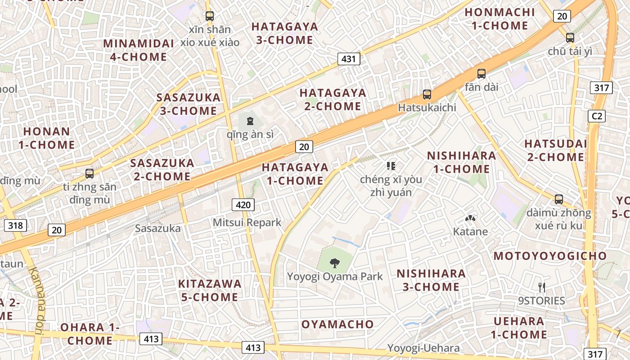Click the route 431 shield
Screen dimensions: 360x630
pyautogui.click(x=349, y=58)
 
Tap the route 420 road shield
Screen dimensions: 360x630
pyautogui.click(x=243, y=205)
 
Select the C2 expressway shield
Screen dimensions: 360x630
pyautogui.click(x=597, y=116)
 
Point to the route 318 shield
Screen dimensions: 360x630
pyautogui.click(x=15, y=225)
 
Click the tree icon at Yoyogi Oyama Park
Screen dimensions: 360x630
pyautogui.click(x=335, y=263)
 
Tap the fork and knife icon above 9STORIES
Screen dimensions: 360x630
pyautogui.click(x=542, y=287)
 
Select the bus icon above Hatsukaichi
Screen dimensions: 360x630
pyautogui.click(x=427, y=94)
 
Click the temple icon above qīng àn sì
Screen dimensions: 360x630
pyautogui.click(x=250, y=121)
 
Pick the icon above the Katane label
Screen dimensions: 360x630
pyautogui.click(x=470, y=219)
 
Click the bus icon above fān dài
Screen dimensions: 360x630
pyautogui.click(x=481, y=73)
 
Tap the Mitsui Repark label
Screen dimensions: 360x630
pyautogui.click(x=247, y=222)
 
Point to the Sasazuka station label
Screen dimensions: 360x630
pyautogui.click(x=158, y=229)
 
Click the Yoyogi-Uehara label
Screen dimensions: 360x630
pyautogui.click(x=423, y=348)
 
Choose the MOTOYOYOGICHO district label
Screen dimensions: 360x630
pyautogui.click(x=550, y=256)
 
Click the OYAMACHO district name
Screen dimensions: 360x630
pyautogui.click(x=337, y=324)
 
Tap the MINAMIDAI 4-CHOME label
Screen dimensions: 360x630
pyautogui.click(x=139, y=50)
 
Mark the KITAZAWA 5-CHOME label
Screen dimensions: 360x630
pyautogui.click(x=210, y=290)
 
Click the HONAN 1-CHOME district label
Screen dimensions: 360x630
pyautogui.click(x=47, y=138)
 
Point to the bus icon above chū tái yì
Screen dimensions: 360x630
pyautogui.click(x=570, y=37)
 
